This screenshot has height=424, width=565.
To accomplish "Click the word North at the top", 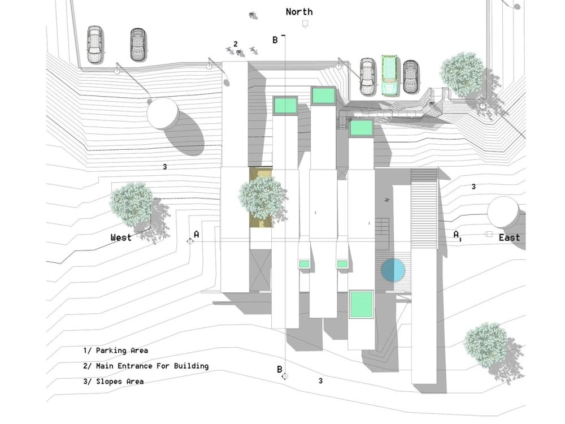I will [299, 11].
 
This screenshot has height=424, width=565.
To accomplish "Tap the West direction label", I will [121, 237].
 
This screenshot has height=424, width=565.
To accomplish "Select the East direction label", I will [509, 238].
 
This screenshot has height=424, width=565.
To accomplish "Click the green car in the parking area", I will [389, 74].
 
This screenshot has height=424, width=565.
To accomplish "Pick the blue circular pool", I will [392, 270].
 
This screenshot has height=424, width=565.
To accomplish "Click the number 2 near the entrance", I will [236, 44].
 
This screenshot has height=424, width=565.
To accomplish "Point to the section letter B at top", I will [275, 40].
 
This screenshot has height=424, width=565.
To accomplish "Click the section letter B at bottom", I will [279, 369].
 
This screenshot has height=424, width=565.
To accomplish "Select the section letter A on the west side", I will [196, 234].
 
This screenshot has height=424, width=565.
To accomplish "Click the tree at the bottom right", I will [485, 343].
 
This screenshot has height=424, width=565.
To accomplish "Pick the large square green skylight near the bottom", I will [361, 304].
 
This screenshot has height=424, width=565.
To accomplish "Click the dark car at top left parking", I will [138, 45].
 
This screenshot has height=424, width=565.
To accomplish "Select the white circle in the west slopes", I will [163, 113].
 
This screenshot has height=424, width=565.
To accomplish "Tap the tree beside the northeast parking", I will [462, 73].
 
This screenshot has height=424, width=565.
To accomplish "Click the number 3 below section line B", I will [320, 381].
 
